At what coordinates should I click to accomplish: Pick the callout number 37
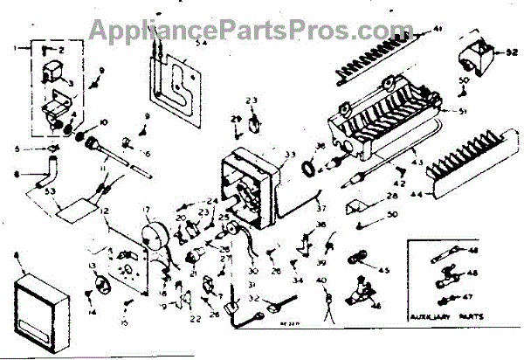coord(321,208)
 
